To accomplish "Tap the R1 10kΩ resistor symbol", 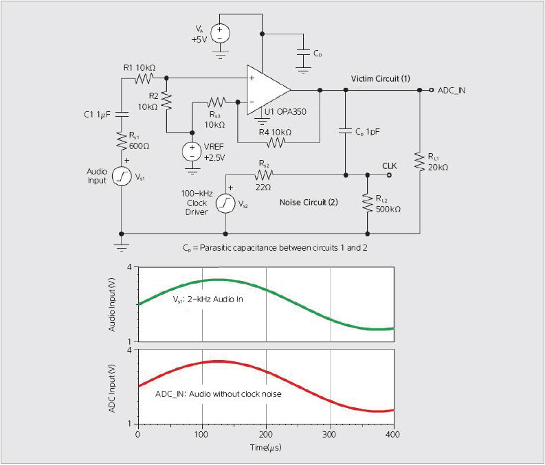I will pos(144,79).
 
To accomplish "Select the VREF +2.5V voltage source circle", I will pos(189,152).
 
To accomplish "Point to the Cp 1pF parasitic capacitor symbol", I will pos(345,131).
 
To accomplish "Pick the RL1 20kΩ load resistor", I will pos(419,162).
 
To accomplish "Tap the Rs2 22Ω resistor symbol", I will pos(265,175).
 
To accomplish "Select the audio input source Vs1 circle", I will pos(122,177).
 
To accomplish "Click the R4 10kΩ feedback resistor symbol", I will pos(275,142).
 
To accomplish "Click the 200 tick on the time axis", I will pos(266,435).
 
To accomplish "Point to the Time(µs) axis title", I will pos(265,448).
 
